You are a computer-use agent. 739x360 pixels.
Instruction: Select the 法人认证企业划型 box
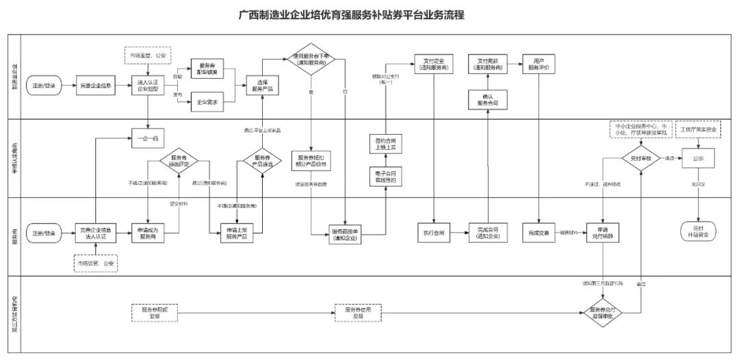point(148,87)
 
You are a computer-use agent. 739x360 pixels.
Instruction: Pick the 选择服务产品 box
point(261,87)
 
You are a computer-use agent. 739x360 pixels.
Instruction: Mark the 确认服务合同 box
point(487,100)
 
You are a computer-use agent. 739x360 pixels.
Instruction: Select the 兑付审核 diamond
point(640,158)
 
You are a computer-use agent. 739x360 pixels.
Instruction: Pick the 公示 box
point(697,158)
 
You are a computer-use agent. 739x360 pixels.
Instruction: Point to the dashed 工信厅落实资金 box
point(697,129)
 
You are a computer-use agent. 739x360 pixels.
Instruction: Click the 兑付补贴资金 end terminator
point(697,231)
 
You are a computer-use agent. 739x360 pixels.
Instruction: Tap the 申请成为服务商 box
point(148,233)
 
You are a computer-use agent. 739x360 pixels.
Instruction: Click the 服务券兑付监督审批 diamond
point(603,312)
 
